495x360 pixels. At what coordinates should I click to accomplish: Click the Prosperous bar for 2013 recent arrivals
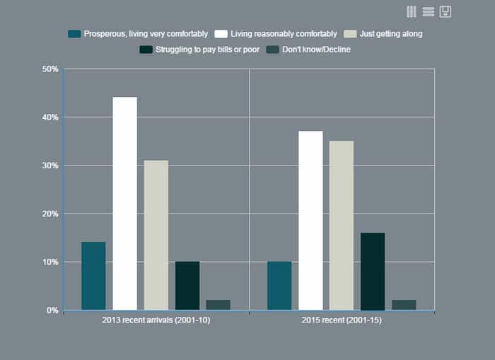coord(93,276)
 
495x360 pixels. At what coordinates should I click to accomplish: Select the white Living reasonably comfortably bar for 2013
coord(124,204)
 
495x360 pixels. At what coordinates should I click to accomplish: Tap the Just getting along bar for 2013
coord(156,235)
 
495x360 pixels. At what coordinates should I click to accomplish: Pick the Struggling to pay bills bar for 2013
coord(187,286)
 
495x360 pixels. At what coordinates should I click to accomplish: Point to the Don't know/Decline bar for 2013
coord(218,305)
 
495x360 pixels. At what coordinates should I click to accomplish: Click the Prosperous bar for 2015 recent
coord(279,286)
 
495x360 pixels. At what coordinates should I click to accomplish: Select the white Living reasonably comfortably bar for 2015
coord(310,221)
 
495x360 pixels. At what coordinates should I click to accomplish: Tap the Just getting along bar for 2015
coord(342,225)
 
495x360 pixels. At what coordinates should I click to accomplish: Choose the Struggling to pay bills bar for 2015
coord(373,272)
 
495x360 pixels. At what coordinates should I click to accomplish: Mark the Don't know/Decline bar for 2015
coord(404,305)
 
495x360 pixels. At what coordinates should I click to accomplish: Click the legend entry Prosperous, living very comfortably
coord(138,33)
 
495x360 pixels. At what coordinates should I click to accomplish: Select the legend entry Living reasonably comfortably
coord(276,33)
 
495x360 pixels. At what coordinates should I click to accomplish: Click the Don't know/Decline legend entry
coord(310,50)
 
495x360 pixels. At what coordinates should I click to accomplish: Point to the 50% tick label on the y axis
coord(50,69)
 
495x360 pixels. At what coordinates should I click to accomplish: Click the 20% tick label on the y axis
coord(50,214)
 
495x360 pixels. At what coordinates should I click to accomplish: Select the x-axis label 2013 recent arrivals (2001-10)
coord(156,320)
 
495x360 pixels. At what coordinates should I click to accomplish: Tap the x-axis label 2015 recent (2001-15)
coord(342,320)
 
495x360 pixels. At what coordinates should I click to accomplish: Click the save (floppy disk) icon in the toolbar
coord(445,11)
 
